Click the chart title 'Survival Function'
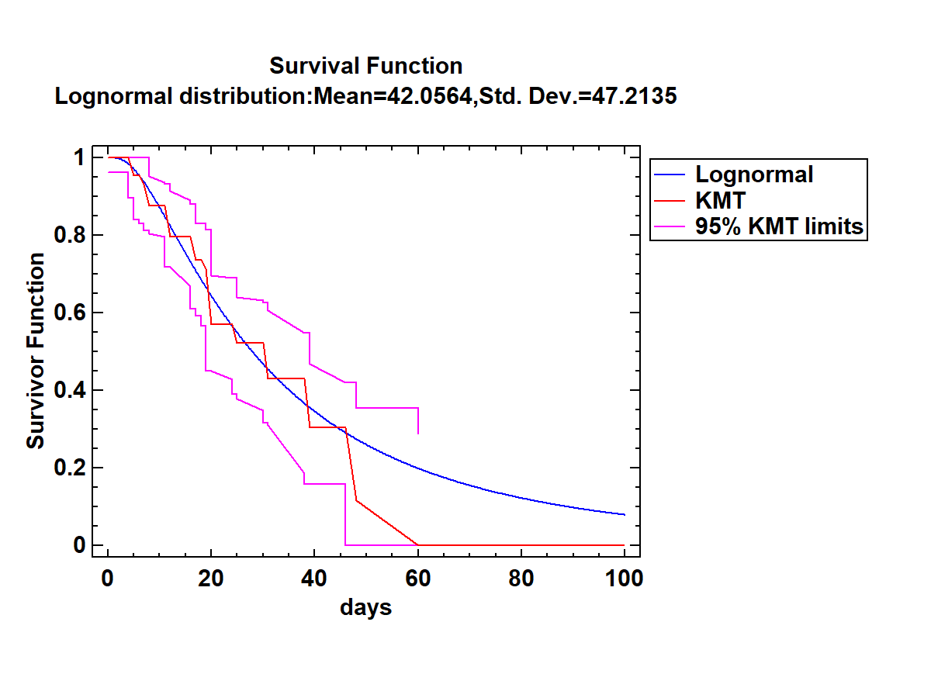(x=365, y=66)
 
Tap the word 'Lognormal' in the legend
(x=754, y=174)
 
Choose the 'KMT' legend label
(x=720, y=200)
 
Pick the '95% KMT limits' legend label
(x=779, y=226)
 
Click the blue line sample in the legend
(x=670, y=174)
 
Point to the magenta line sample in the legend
(x=670, y=226)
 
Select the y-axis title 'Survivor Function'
(x=36, y=351)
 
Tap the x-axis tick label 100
(x=624, y=579)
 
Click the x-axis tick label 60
(x=417, y=579)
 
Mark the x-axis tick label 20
(x=211, y=579)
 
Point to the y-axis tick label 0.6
(x=70, y=313)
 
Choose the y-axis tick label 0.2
(x=70, y=468)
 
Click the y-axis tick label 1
(x=79, y=157)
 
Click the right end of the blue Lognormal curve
(x=625, y=514)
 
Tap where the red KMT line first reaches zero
(x=418, y=545)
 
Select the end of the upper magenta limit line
(x=418, y=434)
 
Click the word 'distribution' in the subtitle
(x=245, y=96)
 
